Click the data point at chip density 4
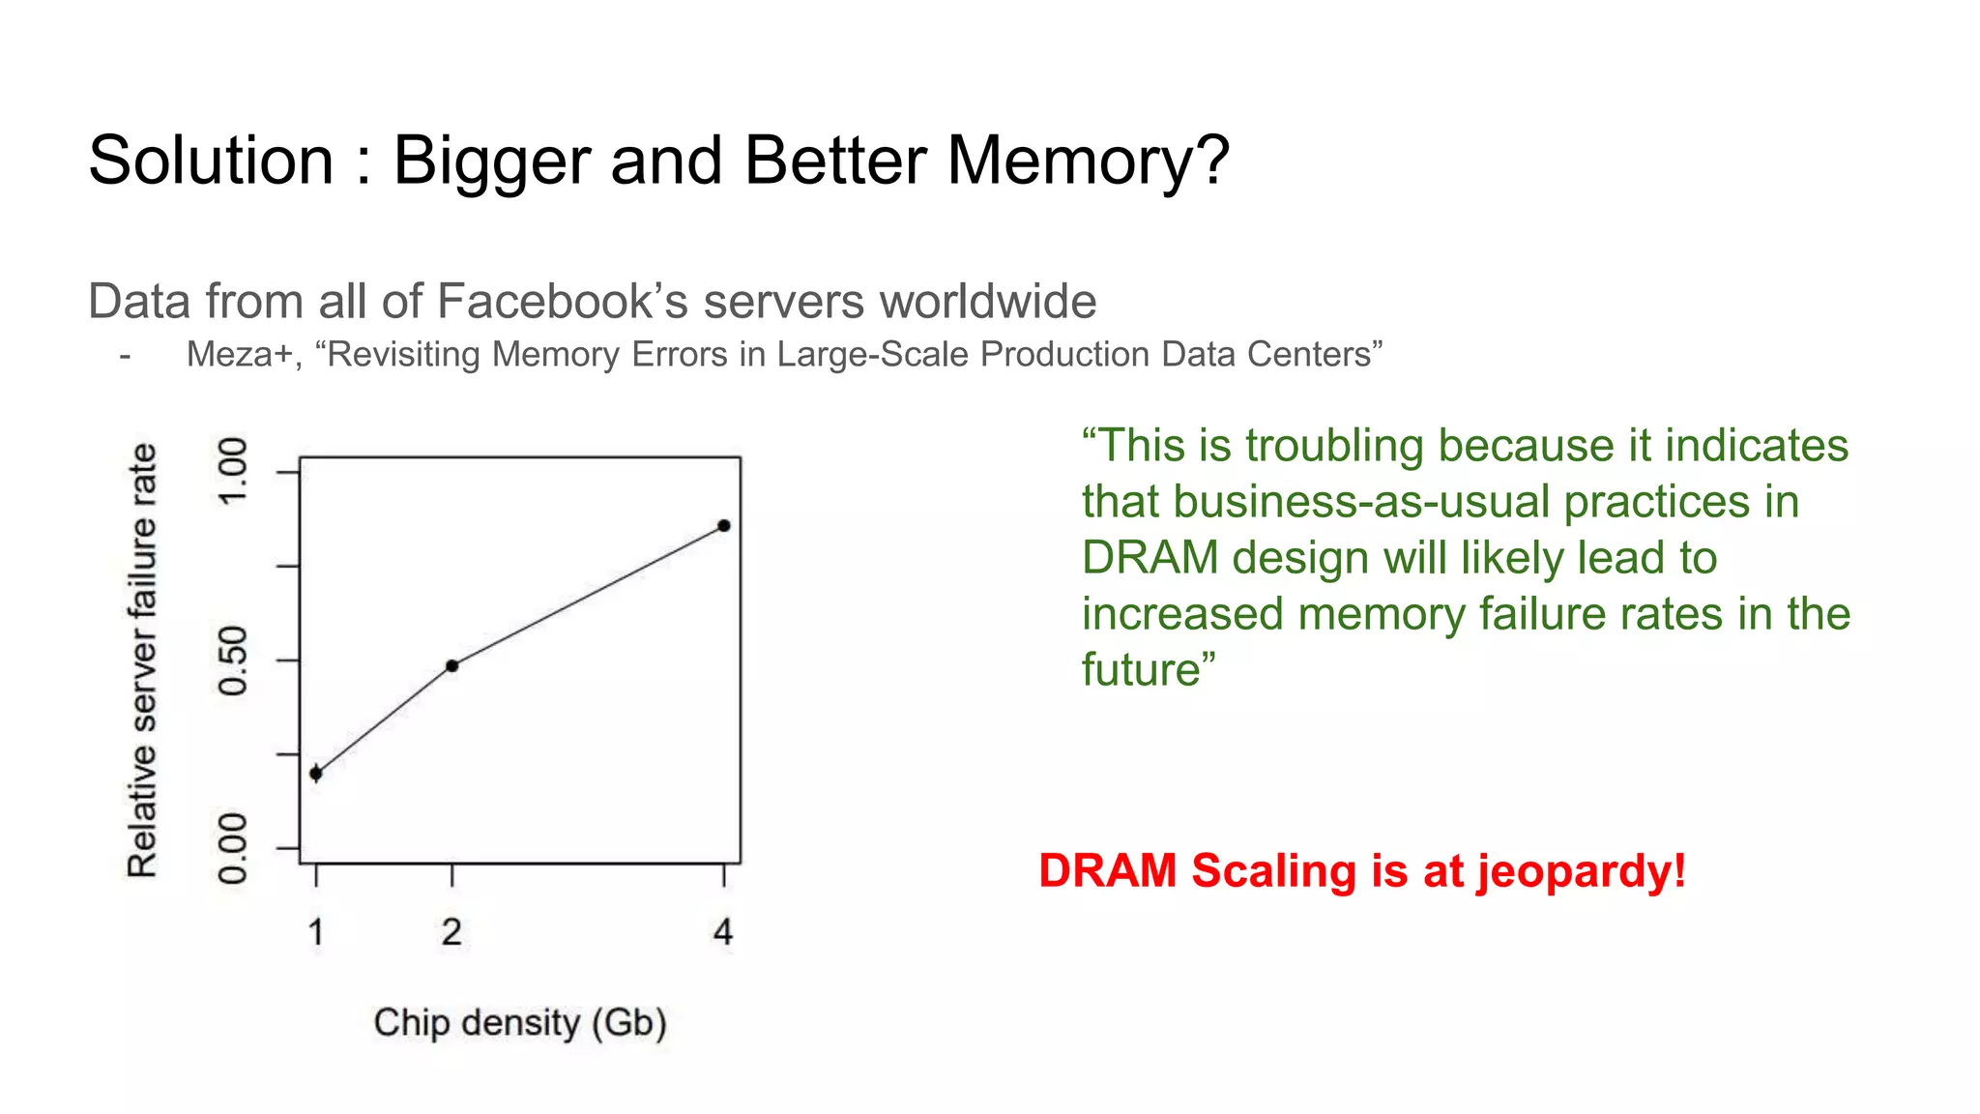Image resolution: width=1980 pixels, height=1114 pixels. [724, 526]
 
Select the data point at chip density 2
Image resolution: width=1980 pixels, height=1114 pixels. [451, 665]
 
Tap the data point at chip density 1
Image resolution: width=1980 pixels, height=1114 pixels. [316, 773]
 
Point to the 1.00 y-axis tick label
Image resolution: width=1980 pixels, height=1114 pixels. [233, 471]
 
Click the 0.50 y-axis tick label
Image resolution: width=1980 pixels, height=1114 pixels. [233, 660]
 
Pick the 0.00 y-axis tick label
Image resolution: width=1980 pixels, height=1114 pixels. [233, 848]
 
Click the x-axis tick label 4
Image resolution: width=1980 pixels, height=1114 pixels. [723, 932]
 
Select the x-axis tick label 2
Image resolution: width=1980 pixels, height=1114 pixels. [451, 932]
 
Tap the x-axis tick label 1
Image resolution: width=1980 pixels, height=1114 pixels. [316, 932]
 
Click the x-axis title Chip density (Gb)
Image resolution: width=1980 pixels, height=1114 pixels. [520, 1023]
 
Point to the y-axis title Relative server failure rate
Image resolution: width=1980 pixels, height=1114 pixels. [142, 660]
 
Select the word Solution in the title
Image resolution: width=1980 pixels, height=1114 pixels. [211, 161]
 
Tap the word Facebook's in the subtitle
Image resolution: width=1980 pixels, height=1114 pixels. [563, 302]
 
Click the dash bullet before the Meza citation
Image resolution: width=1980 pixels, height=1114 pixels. [125, 356]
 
